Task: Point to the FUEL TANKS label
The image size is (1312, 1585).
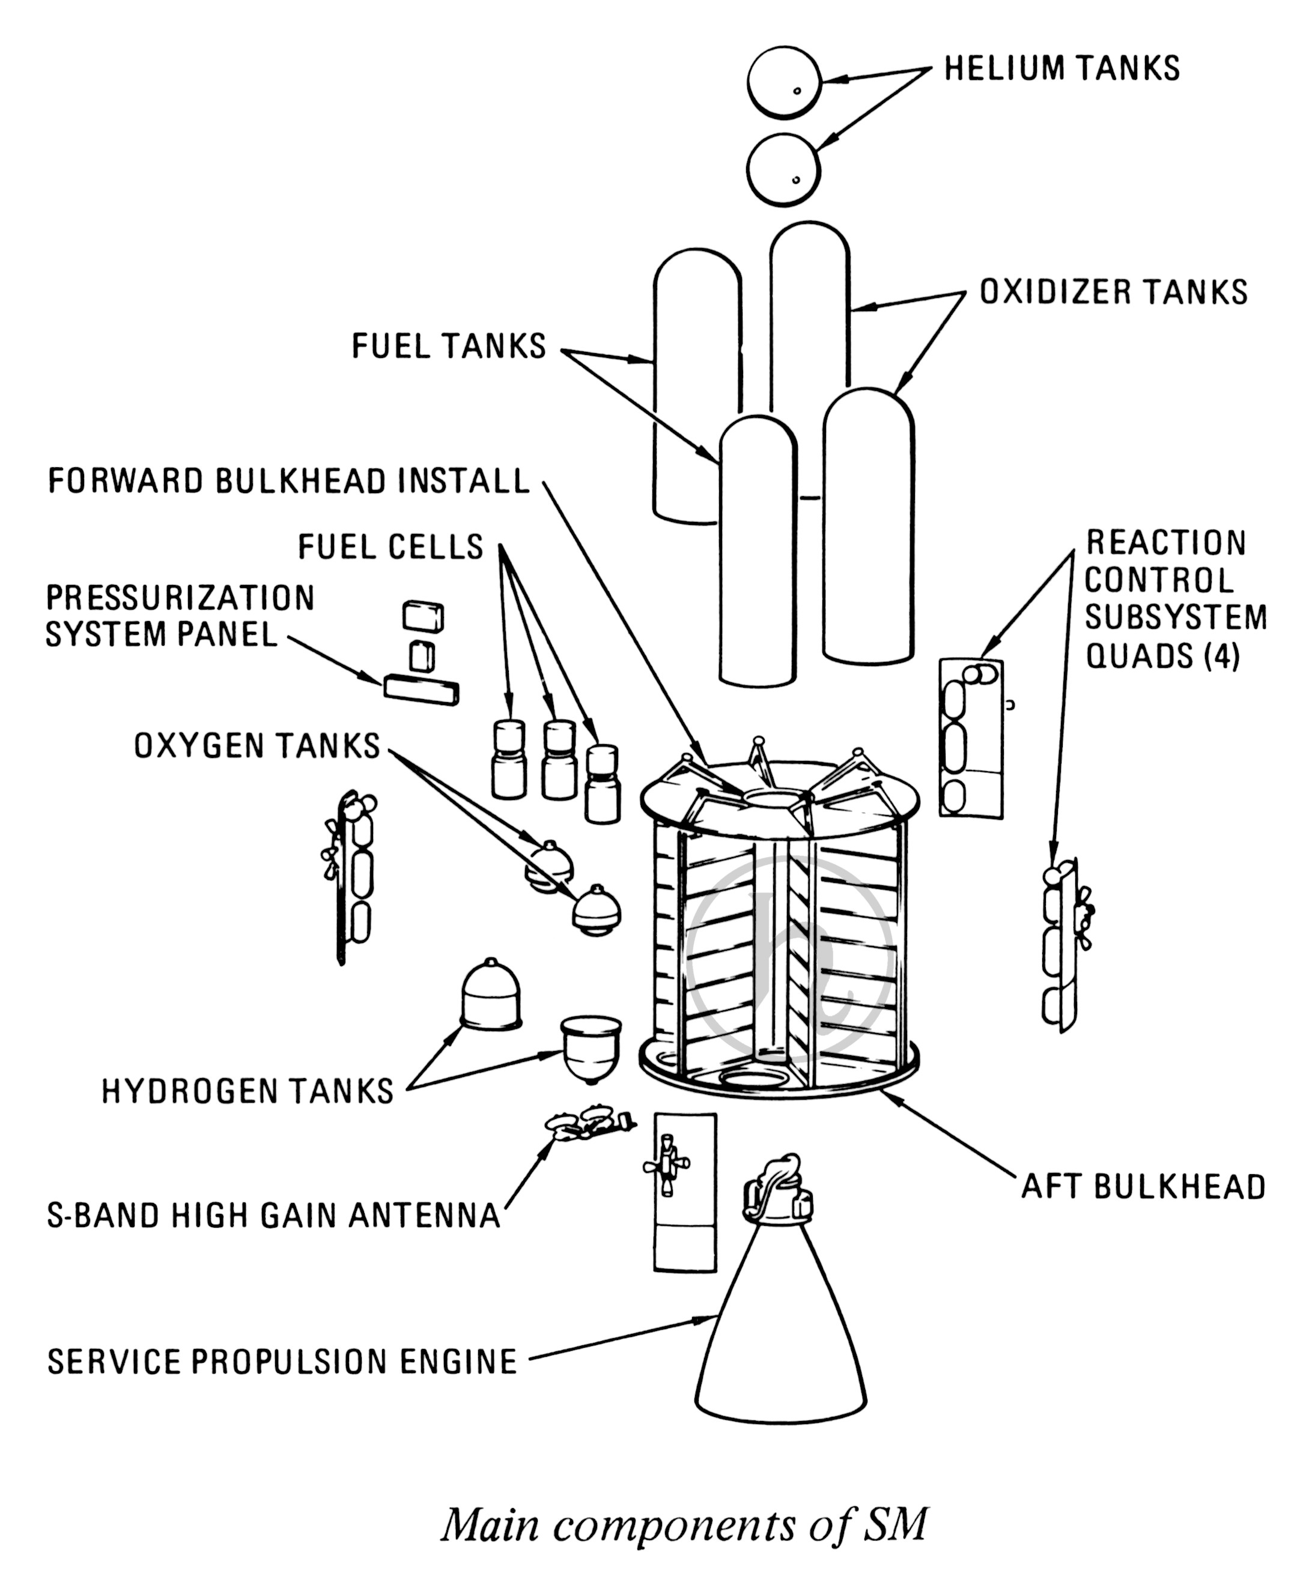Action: (x=448, y=347)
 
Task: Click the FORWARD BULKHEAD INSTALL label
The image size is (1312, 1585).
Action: (x=289, y=480)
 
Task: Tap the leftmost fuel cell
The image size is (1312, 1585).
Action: (x=508, y=758)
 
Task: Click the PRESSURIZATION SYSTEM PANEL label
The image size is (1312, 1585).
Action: (x=180, y=615)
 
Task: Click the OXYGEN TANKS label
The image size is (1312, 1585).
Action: (x=257, y=746)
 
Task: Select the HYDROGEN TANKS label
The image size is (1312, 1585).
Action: (x=248, y=1091)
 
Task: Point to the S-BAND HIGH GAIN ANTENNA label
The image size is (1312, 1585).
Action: (x=273, y=1216)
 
